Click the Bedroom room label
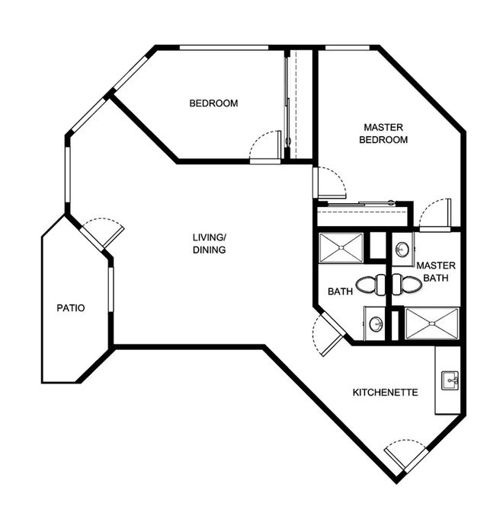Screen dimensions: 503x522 [213, 103]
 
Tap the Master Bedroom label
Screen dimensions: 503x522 [383, 133]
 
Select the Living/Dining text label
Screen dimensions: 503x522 [210, 243]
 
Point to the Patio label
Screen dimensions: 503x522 [71, 308]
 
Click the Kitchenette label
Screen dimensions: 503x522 [386, 393]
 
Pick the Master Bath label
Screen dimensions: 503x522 [436, 272]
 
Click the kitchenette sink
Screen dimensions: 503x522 [450, 380]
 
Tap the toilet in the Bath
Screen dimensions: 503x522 [370, 285]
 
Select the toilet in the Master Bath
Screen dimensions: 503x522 [407, 285]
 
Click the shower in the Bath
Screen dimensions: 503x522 [341, 248]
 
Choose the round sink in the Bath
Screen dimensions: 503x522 [376, 323]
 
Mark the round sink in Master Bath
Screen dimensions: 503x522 [402, 250]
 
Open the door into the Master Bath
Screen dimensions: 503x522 [435, 215]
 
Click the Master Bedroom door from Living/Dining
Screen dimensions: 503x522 [330, 183]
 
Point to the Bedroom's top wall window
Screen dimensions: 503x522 [224, 48]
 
